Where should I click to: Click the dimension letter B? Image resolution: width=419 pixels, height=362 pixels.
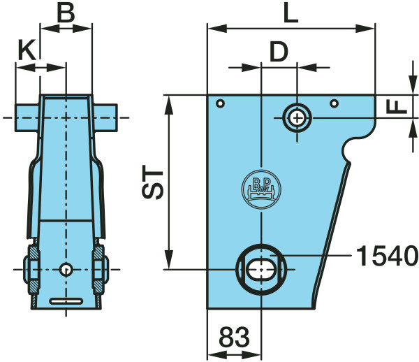pyautogui.click(x=66, y=13)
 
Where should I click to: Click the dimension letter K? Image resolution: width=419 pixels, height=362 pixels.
pyautogui.click(x=27, y=50)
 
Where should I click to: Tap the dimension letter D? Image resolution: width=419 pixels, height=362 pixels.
pyautogui.click(x=279, y=51)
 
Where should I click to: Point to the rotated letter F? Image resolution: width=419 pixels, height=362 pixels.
pyautogui.click(x=397, y=107)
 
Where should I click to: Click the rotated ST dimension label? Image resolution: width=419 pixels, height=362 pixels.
pyautogui.click(x=152, y=182)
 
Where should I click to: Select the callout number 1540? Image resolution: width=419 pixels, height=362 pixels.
pyautogui.click(x=387, y=256)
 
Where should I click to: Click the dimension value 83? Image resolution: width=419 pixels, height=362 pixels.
pyautogui.click(x=234, y=337)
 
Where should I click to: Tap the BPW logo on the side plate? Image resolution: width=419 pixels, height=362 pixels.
pyautogui.click(x=261, y=189)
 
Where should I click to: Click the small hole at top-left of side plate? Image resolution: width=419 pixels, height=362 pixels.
pyautogui.click(x=220, y=103)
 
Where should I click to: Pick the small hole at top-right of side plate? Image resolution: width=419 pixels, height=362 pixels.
pyautogui.click(x=335, y=103)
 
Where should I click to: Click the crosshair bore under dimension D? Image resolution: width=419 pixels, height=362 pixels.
pyautogui.click(x=297, y=118)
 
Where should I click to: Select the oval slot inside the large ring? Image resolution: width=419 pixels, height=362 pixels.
pyautogui.click(x=261, y=269)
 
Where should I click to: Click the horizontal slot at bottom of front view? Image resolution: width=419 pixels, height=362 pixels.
pyautogui.click(x=66, y=301)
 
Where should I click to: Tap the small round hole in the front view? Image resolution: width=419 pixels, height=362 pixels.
pyautogui.click(x=66, y=269)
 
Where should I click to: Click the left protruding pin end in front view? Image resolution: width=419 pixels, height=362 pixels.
pyautogui.click(x=27, y=117)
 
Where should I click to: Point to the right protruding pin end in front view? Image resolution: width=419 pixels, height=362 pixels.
pyautogui.click(x=105, y=117)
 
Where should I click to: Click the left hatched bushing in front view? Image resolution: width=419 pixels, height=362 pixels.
pyautogui.click(x=34, y=269)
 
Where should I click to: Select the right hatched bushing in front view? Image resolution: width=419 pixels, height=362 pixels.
pyautogui.click(x=98, y=269)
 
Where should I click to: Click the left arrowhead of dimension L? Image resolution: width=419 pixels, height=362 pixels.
pyautogui.click(x=217, y=29)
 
